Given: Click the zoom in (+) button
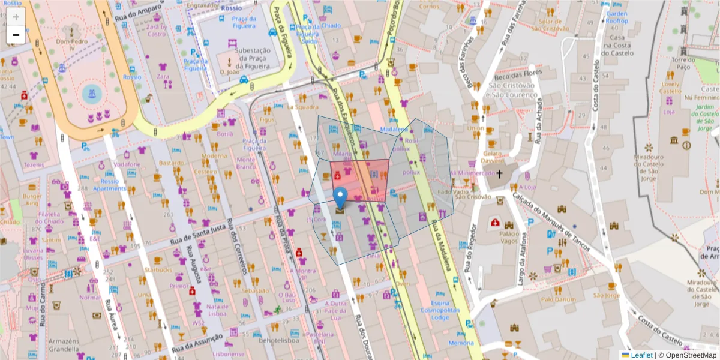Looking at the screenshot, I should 16,17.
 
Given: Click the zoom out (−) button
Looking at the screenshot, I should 16,35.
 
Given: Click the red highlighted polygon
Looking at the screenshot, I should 360,179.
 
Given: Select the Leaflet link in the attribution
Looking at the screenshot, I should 641,355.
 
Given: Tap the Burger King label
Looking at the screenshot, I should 33,200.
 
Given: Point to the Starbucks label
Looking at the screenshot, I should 157,269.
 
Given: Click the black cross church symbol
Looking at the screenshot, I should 499,175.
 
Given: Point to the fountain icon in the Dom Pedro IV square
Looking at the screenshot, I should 91,94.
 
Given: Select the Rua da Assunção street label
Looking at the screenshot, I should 197,343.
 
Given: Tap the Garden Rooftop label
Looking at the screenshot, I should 617,17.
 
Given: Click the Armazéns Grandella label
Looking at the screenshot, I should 64,345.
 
